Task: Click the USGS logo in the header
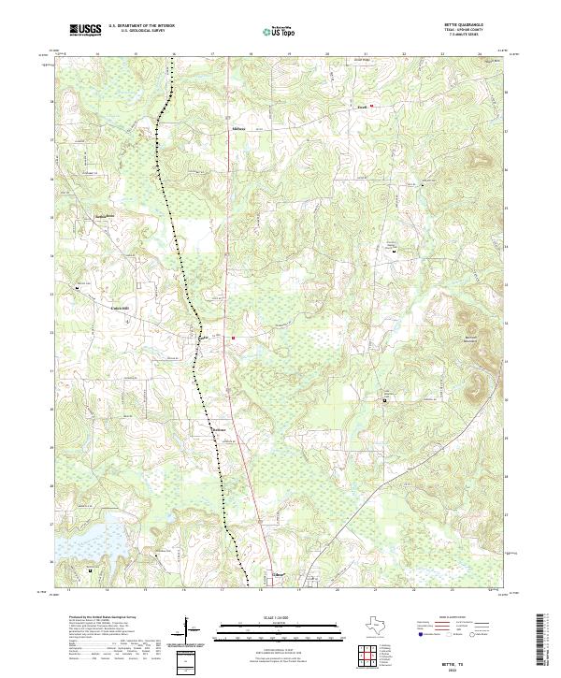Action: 85,30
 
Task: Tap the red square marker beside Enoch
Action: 371,106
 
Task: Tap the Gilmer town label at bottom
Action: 277,574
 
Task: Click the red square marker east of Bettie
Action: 232,338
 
